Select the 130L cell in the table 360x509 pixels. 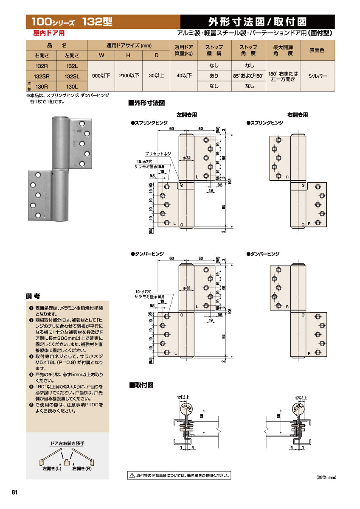tap(72, 86)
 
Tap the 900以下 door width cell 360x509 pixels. tap(101, 76)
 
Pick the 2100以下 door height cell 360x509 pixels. tap(129, 76)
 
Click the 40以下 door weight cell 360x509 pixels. tap(184, 76)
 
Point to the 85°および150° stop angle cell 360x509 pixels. tap(249, 76)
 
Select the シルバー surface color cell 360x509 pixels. tap(317, 76)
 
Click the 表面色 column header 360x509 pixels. tap(317, 50)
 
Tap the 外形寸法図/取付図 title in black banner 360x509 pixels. tap(257, 22)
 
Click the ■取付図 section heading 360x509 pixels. tap(141, 385)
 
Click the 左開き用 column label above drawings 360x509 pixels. tap(187, 115)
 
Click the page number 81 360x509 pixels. tap(14, 492)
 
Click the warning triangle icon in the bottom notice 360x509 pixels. tap(132, 475)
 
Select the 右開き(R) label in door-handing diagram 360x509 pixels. tap(82, 469)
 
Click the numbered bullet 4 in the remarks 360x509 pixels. tap(31, 375)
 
